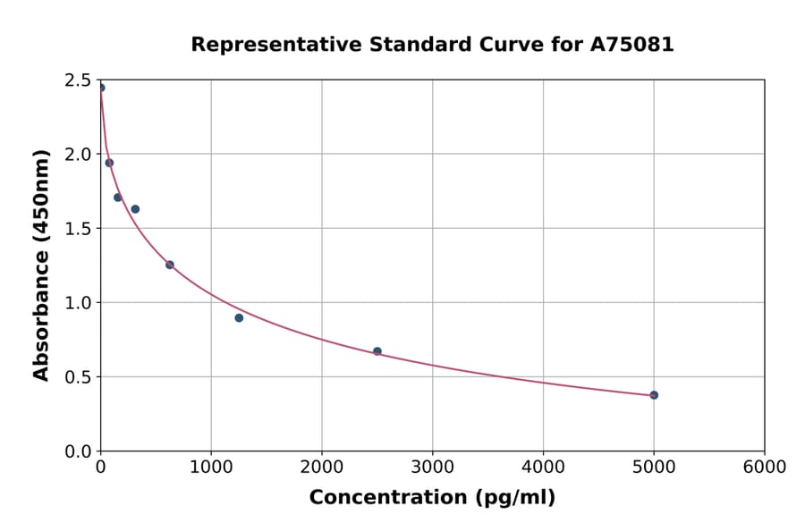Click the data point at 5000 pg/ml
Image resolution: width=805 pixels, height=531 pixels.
(654, 395)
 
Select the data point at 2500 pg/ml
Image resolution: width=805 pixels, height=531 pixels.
(377, 351)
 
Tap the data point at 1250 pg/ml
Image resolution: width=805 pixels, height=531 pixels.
(239, 318)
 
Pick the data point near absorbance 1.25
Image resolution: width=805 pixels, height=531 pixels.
(170, 265)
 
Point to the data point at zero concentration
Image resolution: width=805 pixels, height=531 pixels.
(101, 88)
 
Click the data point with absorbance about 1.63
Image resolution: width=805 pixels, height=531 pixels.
(135, 209)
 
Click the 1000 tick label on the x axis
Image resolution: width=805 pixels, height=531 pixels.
(211, 468)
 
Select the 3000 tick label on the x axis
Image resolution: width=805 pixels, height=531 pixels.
(432, 468)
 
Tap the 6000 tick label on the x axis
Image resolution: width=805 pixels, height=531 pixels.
(764, 468)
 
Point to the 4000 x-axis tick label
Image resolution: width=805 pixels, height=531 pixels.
(543, 468)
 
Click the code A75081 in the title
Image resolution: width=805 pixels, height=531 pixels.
(633, 45)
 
